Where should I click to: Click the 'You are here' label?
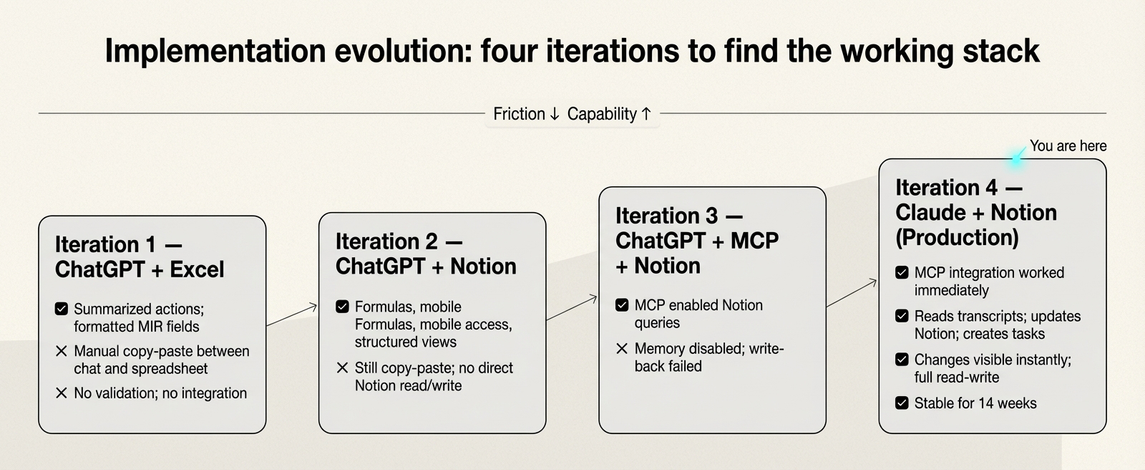point(1068,146)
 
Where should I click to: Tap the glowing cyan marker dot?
point(1016,158)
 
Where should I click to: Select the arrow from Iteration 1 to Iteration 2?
point(292,315)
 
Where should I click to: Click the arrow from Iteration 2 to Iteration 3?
point(572,307)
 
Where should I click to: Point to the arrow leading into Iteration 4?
point(852,294)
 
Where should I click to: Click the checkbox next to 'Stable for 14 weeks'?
point(902,403)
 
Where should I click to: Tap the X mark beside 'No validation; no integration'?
point(62,393)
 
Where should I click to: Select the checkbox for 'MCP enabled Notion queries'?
point(622,305)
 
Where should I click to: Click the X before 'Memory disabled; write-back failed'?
point(622,349)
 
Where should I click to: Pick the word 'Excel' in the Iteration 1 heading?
point(197,269)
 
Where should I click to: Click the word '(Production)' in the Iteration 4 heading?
point(957,237)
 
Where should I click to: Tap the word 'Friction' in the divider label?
point(519,114)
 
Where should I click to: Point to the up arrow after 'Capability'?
point(646,114)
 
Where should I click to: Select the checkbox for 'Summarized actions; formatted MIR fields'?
point(62,309)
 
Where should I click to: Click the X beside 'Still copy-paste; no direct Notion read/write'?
point(342,368)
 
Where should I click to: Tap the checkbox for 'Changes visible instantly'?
point(902,360)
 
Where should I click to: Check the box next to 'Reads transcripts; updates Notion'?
point(902,316)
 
